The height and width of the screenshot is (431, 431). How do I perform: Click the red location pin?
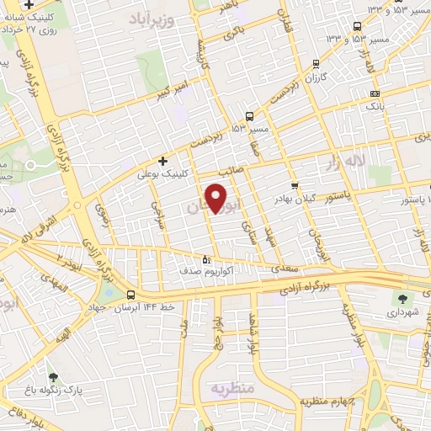pos(216,198)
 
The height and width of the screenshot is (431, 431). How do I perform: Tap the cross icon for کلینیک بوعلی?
pos(162,160)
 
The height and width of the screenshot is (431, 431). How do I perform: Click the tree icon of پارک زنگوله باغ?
pos(54,378)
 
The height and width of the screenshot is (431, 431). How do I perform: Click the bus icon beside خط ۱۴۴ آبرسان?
pos(130,295)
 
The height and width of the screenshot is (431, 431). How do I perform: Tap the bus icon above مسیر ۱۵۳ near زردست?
pos(249,116)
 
